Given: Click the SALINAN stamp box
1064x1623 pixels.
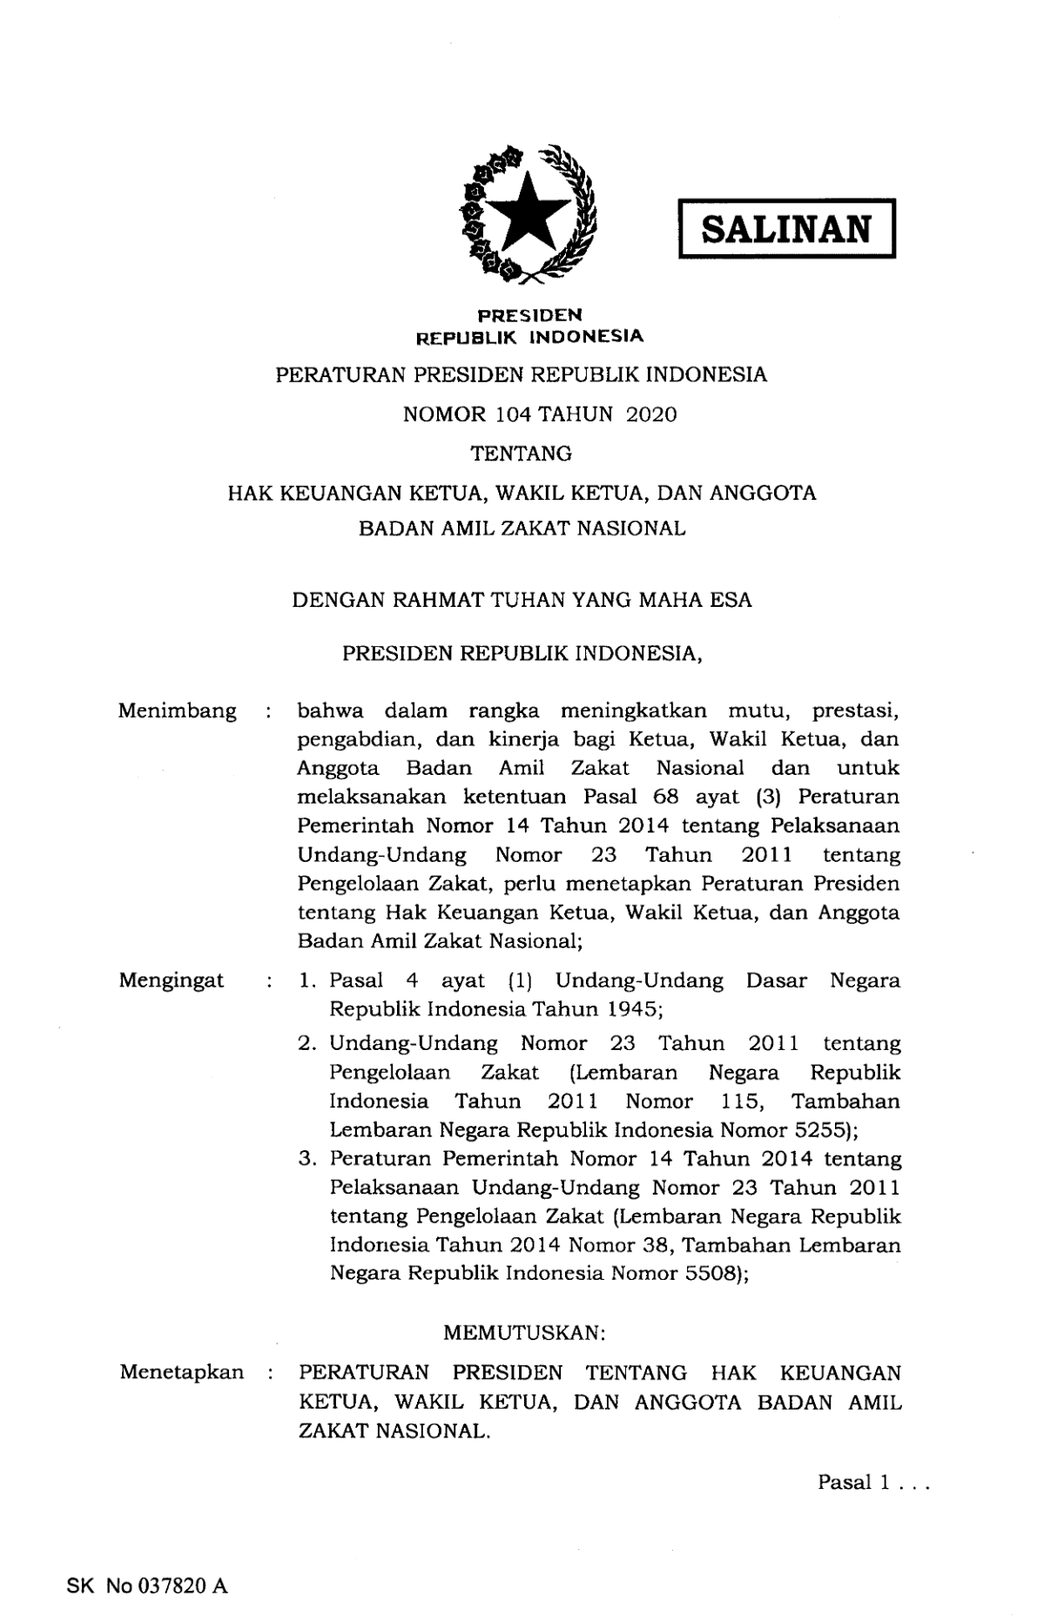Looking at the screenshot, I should point(786,229).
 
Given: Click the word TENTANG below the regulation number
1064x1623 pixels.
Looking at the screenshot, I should point(521,454).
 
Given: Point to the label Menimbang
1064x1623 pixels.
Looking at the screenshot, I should point(177,711).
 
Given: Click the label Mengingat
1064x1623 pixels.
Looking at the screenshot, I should point(172,980).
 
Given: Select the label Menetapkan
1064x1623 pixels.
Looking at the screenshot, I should point(181,1372).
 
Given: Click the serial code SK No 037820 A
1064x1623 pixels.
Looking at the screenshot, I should point(147,1586).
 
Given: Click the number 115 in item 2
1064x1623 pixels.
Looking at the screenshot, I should point(742,1101).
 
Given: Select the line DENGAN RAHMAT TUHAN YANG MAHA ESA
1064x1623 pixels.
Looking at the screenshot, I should point(522,600).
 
